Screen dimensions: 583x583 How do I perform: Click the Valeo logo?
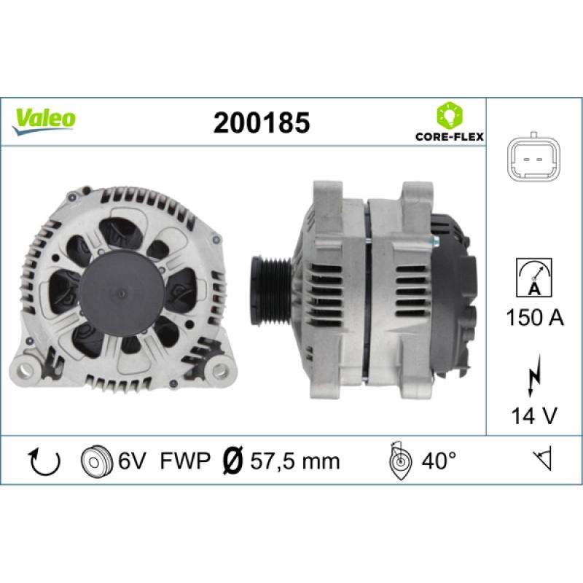pyautogui.click(x=44, y=121)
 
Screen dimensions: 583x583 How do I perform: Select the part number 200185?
pyautogui.click(x=262, y=122)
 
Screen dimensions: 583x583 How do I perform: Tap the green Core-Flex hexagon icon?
pyautogui.click(x=450, y=115)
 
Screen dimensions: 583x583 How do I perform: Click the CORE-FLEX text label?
pyautogui.click(x=450, y=137)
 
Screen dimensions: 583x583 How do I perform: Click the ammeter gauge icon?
pyautogui.click(x=534, y=278)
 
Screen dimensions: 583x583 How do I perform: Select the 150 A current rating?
pyautogui.click(x=535, y=318)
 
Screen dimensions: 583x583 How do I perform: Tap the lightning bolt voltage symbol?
pyautogui.click(x=534, y=375)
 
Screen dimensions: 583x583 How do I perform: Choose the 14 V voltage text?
pyautogui.click(x=534, y=415)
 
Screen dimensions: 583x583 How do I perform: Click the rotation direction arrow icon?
pyautogui.click(x=44, y=461)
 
